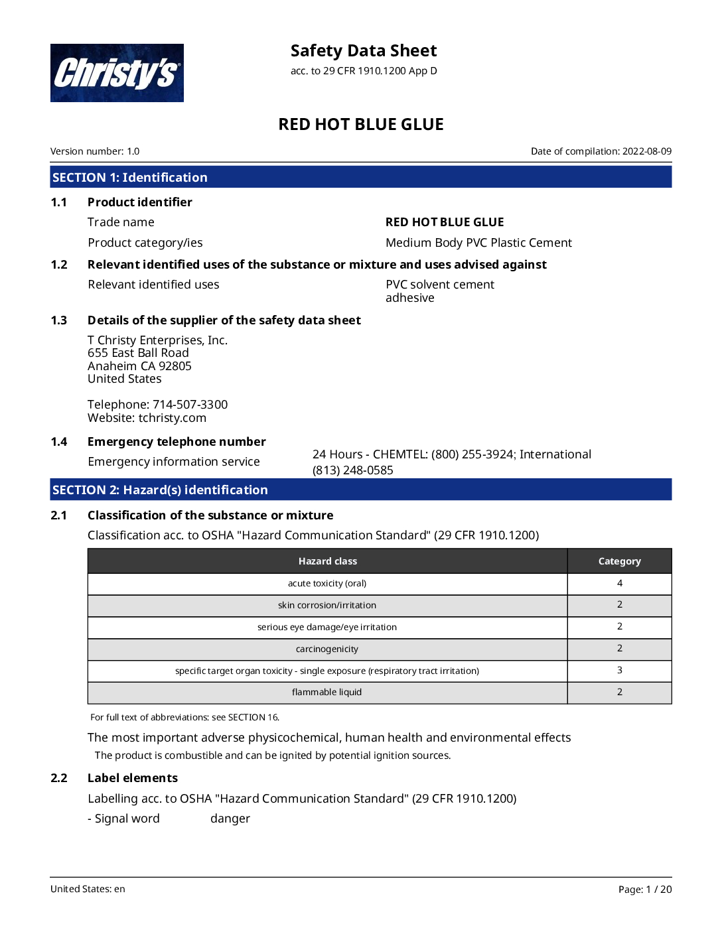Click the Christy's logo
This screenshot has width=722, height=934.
(x=117, y=73)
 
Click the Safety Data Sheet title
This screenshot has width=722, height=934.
(x=364, y=51)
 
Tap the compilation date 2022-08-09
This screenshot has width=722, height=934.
(x=646, y=151)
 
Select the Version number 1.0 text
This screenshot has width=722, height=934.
(x=95, y=151)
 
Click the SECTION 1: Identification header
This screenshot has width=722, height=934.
(x=130, y=177)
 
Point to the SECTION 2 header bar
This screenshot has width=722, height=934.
(x=361, y=490)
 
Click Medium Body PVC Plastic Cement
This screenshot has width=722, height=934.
(x=478, y=243)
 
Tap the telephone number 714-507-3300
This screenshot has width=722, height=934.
(x=190, y=405)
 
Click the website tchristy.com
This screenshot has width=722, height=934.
(x=172, y=418)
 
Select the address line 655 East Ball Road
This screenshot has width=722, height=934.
(x=138, y=353)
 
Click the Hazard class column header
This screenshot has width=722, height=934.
(x=327, y=561)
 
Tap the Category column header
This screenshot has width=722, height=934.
(x=619, y=561)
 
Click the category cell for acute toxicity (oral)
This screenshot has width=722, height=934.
(x=619, y=583)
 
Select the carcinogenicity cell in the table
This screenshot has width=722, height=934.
(x=327, y=649)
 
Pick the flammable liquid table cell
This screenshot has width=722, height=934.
(x=327, y=692)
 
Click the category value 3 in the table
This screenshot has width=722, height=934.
(x=619, y=670)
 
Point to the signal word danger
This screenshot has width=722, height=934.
(x=230, y=819)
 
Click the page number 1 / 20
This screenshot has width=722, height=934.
(x=658, y=890)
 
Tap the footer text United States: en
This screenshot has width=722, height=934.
(x=88, y=889)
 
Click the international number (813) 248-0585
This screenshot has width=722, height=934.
(x=353, y=470)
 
